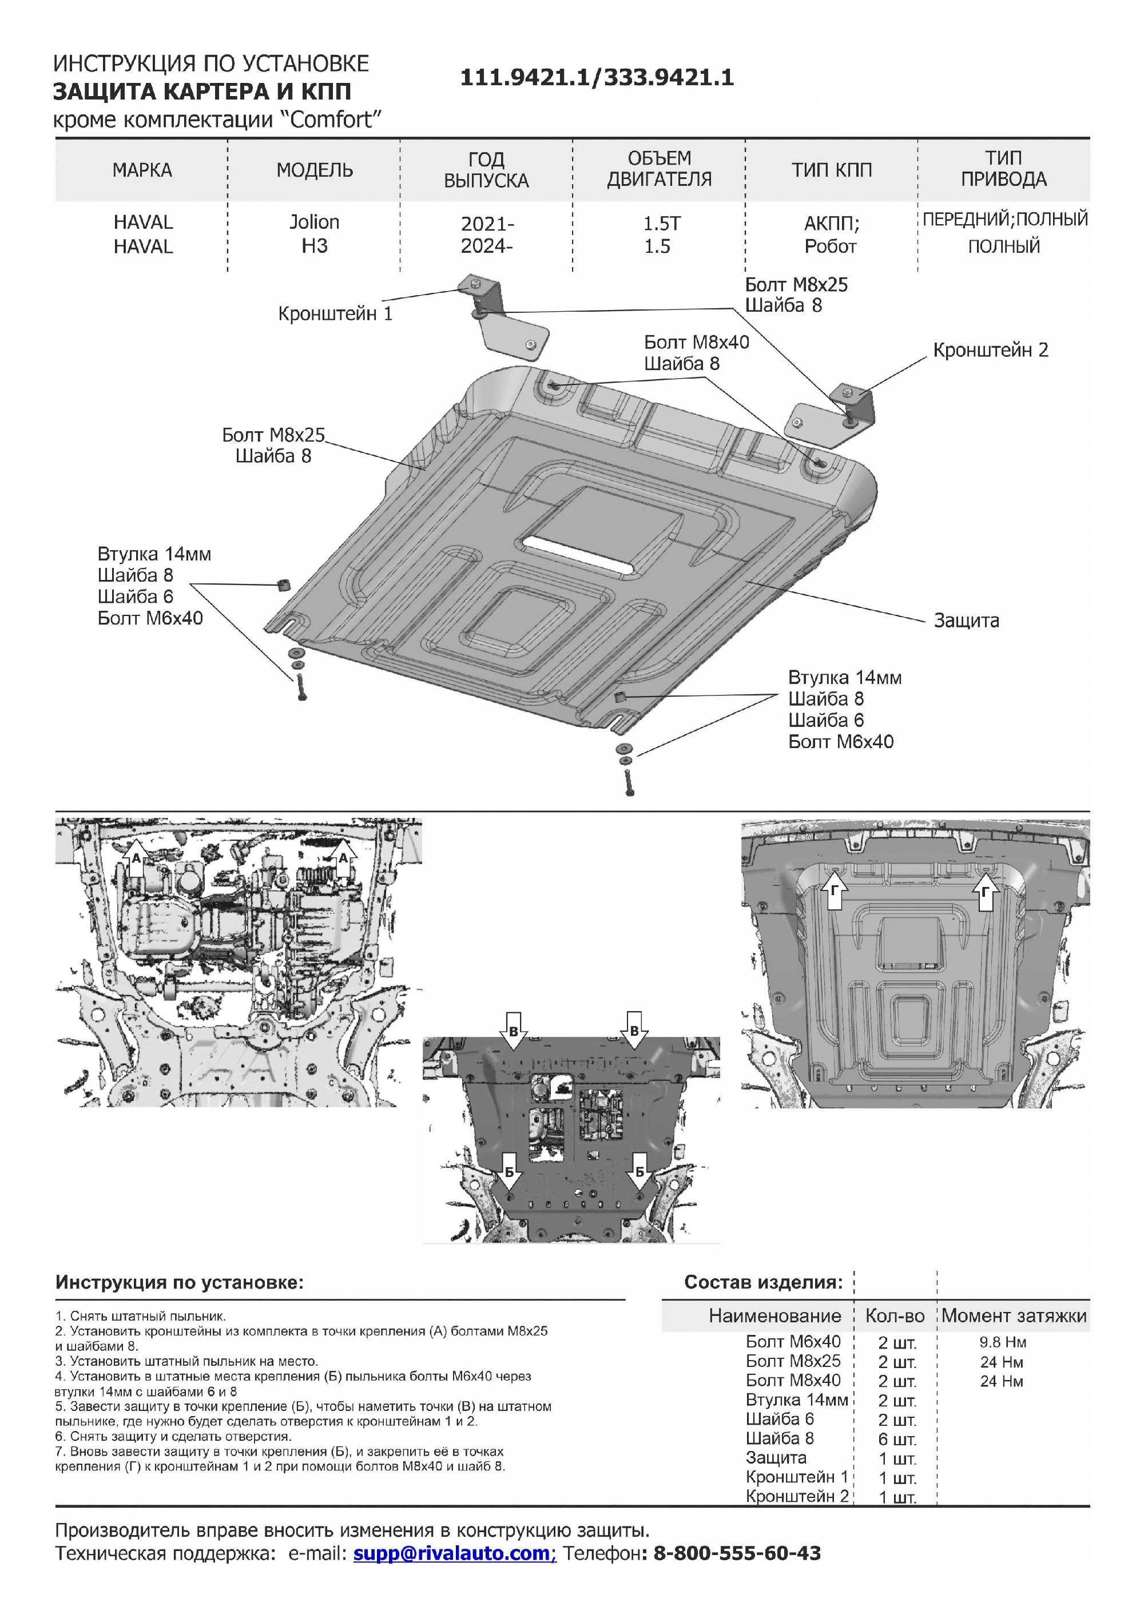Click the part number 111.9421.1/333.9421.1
tap(597, 78)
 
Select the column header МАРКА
tap(142, 170)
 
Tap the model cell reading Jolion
tap(315, 222)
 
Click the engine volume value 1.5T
tap(661, 224)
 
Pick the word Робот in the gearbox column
tap(831, 247)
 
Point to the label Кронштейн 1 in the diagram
tap(335, 313)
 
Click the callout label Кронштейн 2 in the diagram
tap(990, 350)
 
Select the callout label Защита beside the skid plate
tap(966, 621)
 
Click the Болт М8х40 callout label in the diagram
tap(696, 343)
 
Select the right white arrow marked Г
tap(986, 893)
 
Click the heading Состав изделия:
tap(764, 1282)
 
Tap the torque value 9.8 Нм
tap(1002, 1342)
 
